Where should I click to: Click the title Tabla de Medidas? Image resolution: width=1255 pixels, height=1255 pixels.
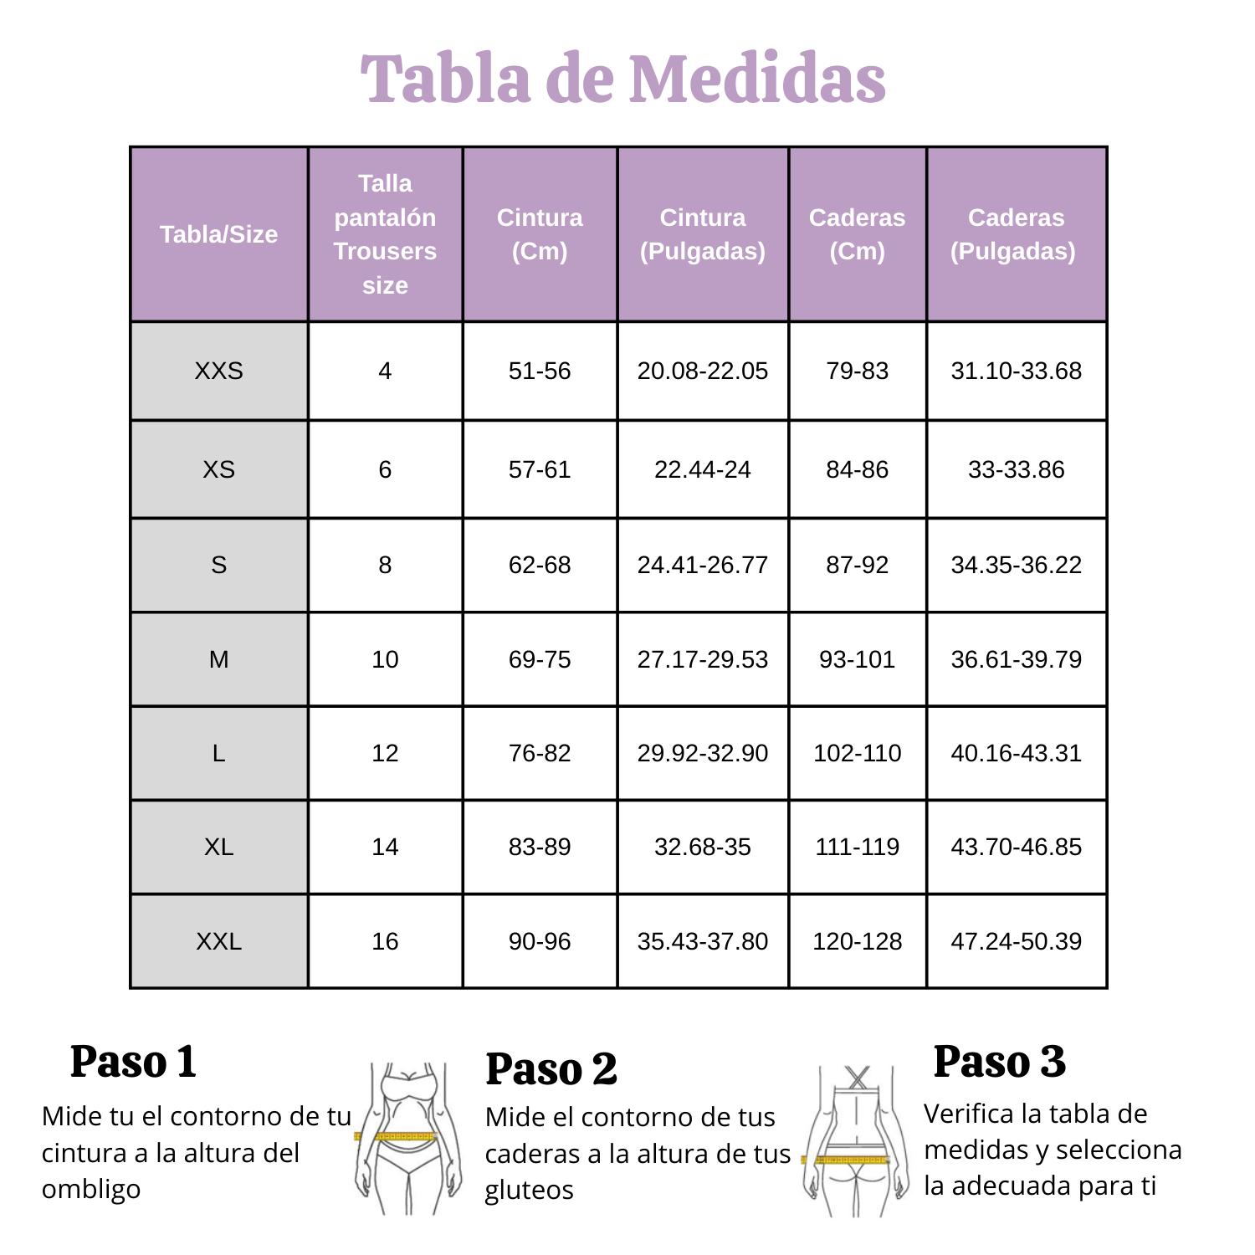[623, 79]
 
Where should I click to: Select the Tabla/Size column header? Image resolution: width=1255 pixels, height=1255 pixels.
[218, 234]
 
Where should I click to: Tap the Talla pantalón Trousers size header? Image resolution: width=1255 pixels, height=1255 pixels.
[385, 234]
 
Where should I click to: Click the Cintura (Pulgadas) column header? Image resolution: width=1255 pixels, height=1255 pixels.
[702, 234]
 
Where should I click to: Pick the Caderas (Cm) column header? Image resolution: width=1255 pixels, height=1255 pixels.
[857, 234]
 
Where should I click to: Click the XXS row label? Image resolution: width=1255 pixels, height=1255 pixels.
[218, 371]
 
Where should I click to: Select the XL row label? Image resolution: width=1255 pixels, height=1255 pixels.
[218, 847]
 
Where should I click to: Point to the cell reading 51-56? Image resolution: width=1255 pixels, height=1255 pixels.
[540, 371]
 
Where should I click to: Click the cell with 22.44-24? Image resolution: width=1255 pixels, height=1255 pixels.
[702, 469]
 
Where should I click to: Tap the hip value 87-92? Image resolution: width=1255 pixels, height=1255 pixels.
[857, 565]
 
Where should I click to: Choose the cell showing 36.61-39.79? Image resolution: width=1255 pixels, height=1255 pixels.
[1016, 659]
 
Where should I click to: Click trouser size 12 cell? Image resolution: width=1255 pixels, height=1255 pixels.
[385, 753]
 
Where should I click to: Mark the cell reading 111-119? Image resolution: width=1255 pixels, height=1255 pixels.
[857, 847]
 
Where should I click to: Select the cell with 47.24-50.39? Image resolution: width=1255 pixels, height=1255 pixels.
[1016, 941]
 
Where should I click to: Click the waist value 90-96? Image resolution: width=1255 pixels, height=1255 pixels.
[540, 941]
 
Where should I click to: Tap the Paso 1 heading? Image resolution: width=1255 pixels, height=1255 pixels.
[134, 1062]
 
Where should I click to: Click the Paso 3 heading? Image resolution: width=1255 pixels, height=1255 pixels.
[999, 1062]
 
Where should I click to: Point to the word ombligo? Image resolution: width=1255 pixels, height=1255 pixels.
[91, 1189]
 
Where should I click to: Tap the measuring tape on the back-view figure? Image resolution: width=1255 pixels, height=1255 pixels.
[849, 1160]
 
